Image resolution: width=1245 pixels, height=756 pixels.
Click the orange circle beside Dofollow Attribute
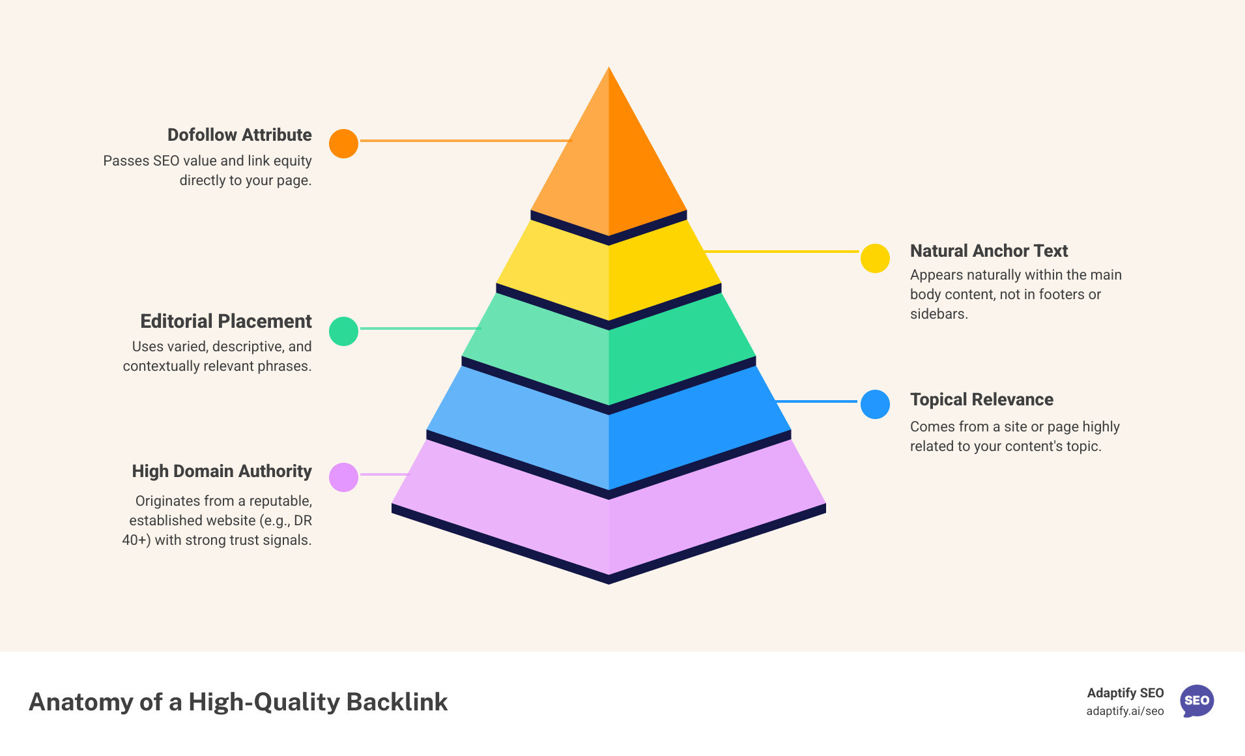point(343,143)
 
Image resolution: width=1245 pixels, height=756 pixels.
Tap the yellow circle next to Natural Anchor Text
point(875,259)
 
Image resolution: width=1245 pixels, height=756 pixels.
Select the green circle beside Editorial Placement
point(343,331)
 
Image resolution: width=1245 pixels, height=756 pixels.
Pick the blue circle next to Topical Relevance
point(875,404)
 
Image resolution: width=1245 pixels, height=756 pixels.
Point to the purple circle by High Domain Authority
point(343,477)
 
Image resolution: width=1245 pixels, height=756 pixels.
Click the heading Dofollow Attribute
point(239,135)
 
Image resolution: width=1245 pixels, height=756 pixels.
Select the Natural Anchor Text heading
point(988,251)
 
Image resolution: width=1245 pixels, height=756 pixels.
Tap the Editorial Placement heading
point(225,321)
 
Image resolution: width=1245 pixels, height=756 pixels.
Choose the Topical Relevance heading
point(981,400)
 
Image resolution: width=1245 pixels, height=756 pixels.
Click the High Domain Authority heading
point(222,471)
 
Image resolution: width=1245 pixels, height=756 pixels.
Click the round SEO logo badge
point(1197,701)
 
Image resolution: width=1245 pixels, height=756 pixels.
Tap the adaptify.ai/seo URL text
point(1124,711)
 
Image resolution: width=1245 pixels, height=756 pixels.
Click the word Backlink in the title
point(397,702)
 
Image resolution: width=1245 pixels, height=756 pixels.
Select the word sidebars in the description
point(938,314)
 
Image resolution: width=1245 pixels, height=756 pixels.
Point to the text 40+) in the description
point(136,540)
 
